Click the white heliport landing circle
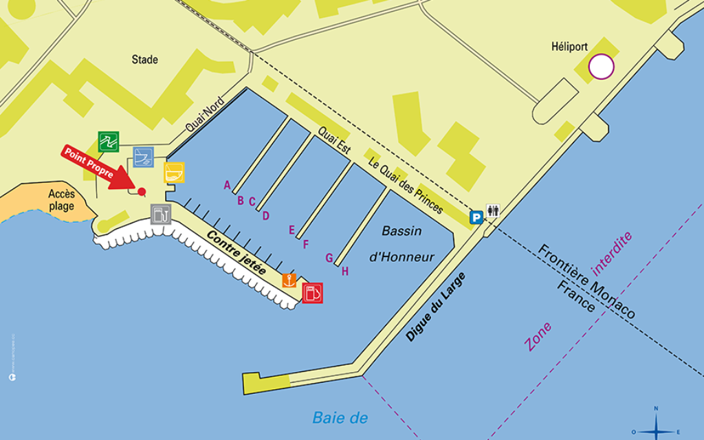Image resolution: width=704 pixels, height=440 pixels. [x=602, y=67]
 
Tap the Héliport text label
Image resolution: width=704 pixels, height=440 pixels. [x=569, y=47]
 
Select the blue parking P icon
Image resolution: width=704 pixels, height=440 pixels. [x=475, y=217]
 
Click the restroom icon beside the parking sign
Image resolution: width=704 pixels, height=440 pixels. [x=492, y=211]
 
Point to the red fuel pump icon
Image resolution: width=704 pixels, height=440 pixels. [x=312, y=293]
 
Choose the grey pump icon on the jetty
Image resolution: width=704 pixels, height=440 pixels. [x=160, y=214]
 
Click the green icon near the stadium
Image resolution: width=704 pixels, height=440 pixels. [x=108, y=141]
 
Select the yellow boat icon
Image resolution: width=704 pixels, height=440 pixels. [x=174, y=172]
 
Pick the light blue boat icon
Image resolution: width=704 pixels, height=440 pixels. [x=143, y=157]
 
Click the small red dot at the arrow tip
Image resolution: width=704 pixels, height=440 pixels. [x=142, y=192]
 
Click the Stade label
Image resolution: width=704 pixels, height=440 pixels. [x=145, y=60]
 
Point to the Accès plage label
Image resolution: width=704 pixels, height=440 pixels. [x=61, y=200]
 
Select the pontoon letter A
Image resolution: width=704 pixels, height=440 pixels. [x=227, y=184]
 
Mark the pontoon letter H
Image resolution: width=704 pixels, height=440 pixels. [x=345, y=272]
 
